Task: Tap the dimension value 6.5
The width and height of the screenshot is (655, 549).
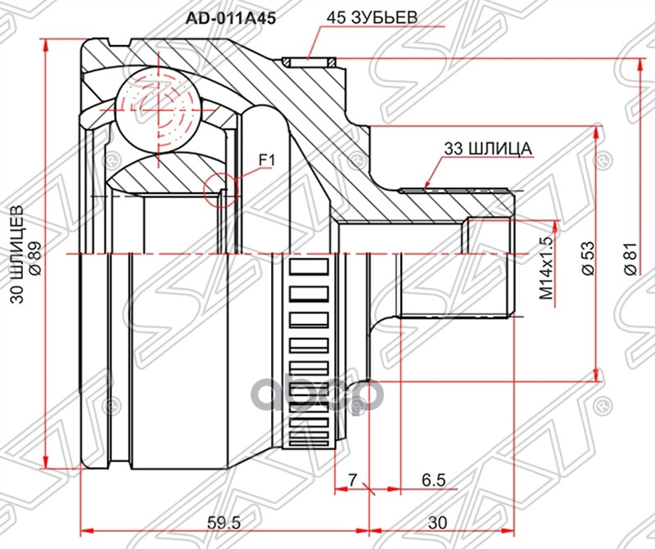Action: pyautogui.click(x=435, y=479)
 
